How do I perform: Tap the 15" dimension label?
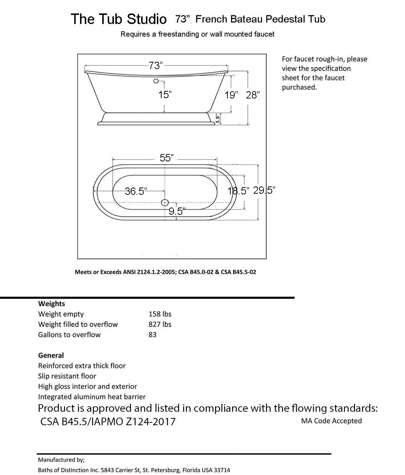click(165, 95)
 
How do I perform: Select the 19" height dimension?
click(231, 95)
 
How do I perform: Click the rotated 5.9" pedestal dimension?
click(218, 119)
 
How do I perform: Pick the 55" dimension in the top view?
click(166, 158)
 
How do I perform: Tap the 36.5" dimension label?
click(135, 191)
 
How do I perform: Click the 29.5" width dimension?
click(264, 190)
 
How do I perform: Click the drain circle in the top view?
click(165, 202)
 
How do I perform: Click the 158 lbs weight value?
click(160, 314)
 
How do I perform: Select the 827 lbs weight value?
click(160, 324)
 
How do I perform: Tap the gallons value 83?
click(152, 335)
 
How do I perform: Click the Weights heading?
click(52, 303)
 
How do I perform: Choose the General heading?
click(51, 355)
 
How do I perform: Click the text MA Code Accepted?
click(331, 421)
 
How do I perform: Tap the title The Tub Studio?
click(119, 19)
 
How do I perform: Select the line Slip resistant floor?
click(67, 376)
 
